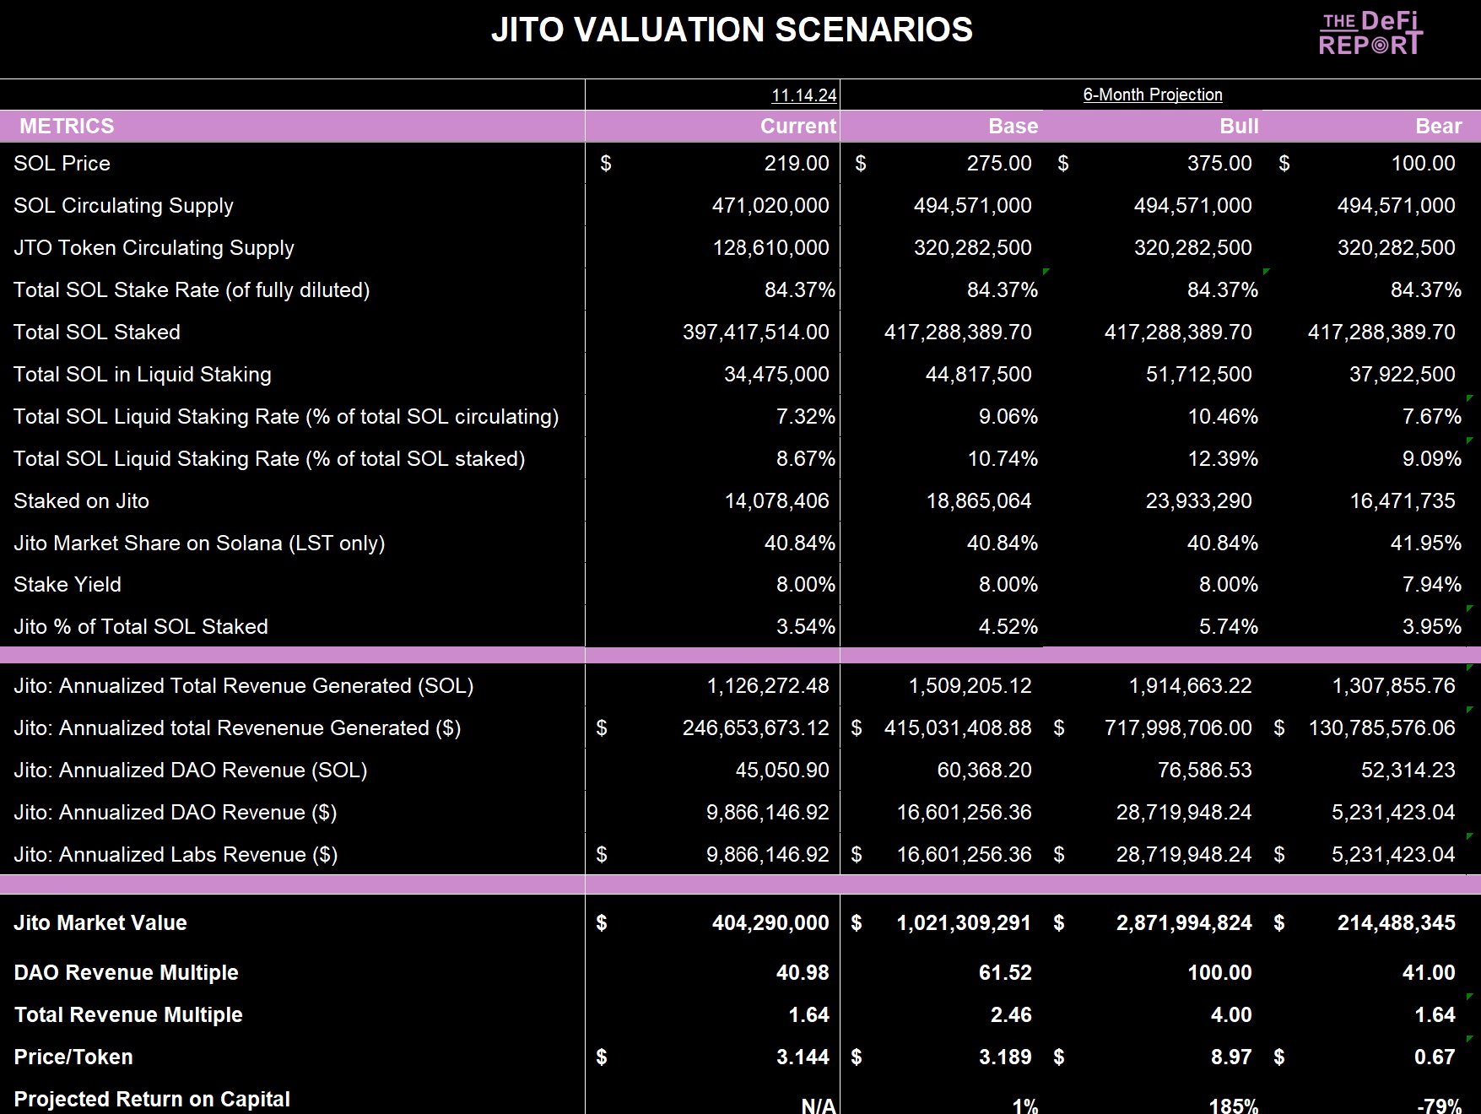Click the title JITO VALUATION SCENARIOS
tap(732, 30)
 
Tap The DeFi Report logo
tap(1370, 34)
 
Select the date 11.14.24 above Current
tap(803, 95)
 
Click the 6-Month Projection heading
tap(1153, 95)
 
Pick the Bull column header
tap(1239, 126)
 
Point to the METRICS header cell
tap(67, 126)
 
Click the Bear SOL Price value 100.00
tap(1423, 163)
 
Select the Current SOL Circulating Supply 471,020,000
tap(770, 205)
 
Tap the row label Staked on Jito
tap(81, 500)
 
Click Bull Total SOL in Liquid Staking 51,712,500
tap(1198, 374)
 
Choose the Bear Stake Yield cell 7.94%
tap(1431, 584)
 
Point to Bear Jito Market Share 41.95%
tap(1425, 543)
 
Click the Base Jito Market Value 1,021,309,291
tap(964, 922)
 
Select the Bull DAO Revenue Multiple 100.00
tap(1219, 972)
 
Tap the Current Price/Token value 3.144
tap(803, 1057)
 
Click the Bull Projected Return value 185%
tap(1233, 1104)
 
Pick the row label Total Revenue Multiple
tap(128, 1014)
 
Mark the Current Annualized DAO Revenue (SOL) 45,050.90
tap(781, 770)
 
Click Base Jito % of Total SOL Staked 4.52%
tap(1008, 626)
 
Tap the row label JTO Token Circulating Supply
tap(154, 247)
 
